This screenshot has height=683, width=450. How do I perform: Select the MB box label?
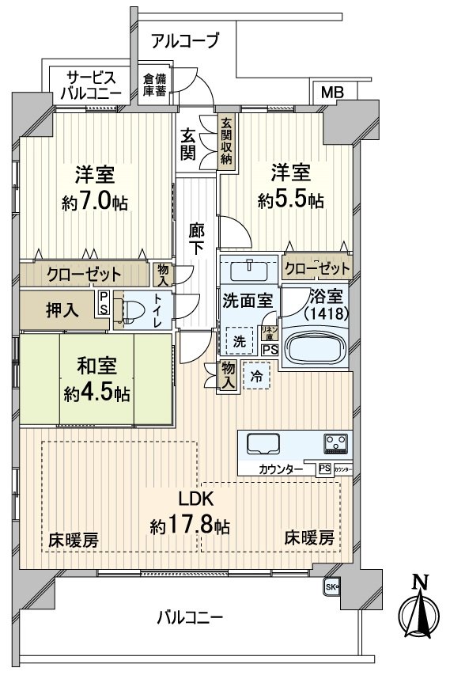point(332,93)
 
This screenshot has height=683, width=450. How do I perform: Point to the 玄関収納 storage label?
point(226,141)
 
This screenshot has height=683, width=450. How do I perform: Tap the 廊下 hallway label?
point(197,238)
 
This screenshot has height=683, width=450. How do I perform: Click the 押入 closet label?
point(61,310)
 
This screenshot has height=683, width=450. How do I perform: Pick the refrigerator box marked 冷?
point(256,377)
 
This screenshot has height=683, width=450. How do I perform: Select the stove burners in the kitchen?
point(334,442)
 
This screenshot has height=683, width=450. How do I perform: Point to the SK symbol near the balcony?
point(330,587)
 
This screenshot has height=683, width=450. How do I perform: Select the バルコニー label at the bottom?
point(189,617)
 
